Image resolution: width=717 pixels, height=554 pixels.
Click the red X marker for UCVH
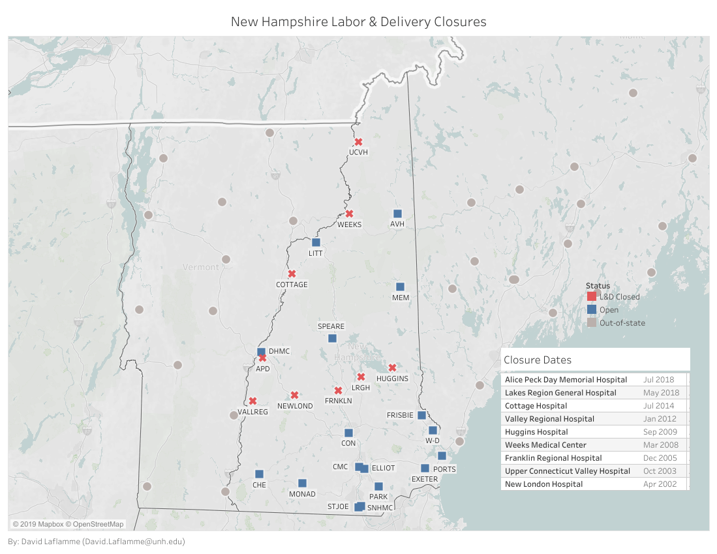(x=358, y=142)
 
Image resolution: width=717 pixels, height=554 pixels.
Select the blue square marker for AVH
(x=397, y=213)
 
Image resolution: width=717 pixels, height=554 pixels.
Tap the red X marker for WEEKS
(x=349, y=213)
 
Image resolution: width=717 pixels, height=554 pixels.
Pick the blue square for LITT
(x=316, y=243)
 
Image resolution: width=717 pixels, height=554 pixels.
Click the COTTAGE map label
(x=292, y=285)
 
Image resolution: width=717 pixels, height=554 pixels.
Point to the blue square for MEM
(x=401, y=286)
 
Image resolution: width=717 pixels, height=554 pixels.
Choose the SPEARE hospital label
(x=331, y=326)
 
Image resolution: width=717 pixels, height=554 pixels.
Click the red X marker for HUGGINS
(x=392, y=367)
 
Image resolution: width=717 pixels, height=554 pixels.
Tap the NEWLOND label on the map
(x=295, y=406)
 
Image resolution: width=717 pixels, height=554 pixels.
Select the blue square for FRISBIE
(x=421, y=415)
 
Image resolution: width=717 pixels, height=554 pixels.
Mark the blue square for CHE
(x=259, y=474)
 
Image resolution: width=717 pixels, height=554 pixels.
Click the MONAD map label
(x=302, y=494)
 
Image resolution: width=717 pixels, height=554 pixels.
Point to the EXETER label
(x=424, y=479)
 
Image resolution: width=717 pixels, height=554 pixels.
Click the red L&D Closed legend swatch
(x=591, y=297)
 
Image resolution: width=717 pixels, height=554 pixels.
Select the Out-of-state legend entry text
(x=622, y=322)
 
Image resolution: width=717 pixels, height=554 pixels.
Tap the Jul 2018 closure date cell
(x=660, y=380)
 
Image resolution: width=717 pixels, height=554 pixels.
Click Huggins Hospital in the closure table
(x=536, y=432)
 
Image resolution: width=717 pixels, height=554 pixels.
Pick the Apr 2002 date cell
(x=660, y=484)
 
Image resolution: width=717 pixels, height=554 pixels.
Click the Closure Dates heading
(x=538, y=360)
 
